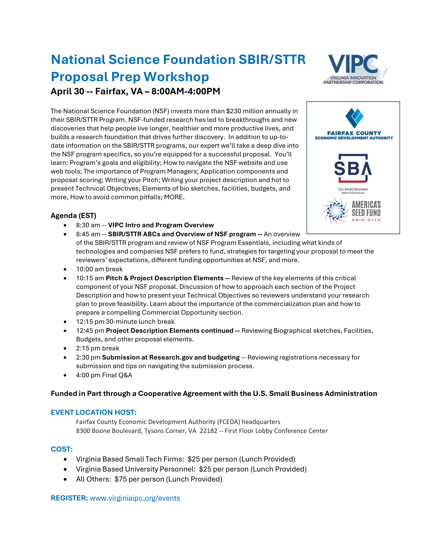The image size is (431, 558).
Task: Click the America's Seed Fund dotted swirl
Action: pyautogui.click(x=335, y=211)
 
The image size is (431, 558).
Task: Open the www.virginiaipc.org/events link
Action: pyautogui.click(x=135, y=498)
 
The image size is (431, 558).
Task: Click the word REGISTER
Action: pyautogui.click(x=69, y=498)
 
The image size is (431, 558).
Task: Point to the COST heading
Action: pyautogui.click(x=62, y=449)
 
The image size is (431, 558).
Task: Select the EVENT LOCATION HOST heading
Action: pyautogui.click(x=94, y=412)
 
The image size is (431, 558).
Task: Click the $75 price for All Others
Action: pyautogui.click(x=120, y=479)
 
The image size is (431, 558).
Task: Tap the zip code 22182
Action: pyautogui.click(x=208, y=431)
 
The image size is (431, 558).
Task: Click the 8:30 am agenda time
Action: pyautogui.click(x=88, y=225)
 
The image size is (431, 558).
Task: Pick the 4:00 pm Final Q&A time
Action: pyautogui.click(x=88, y=375)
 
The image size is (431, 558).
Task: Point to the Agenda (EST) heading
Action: pyautogui.click(x=73, y=216)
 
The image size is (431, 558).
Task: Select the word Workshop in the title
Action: pyautogui.click(x=176, y=77)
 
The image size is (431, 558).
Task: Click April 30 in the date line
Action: pyautogui.click(x=67, y=91)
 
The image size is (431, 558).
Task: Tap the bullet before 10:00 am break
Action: pyautogui.click(x=65, y=269)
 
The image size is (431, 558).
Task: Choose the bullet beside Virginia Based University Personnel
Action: pyautogui.click(x=65, y=469)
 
